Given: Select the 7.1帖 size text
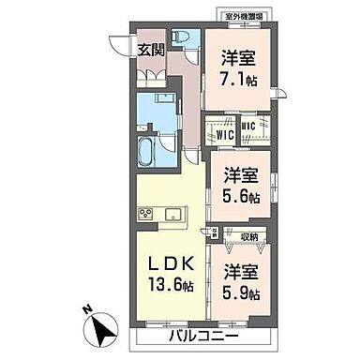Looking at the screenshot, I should tap(238, 80).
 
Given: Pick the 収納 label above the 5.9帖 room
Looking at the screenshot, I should tap(248, 236).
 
